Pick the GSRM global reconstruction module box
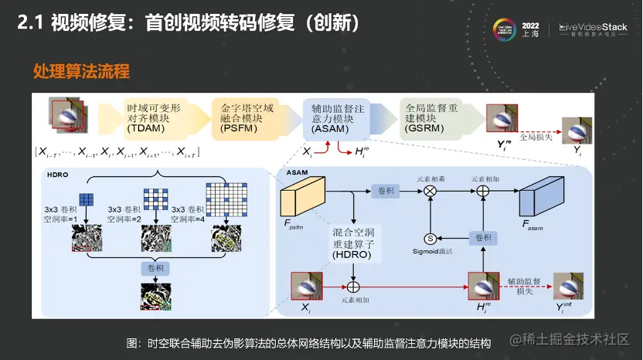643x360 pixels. [433, 119]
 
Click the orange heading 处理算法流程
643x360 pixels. [80, 72]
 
